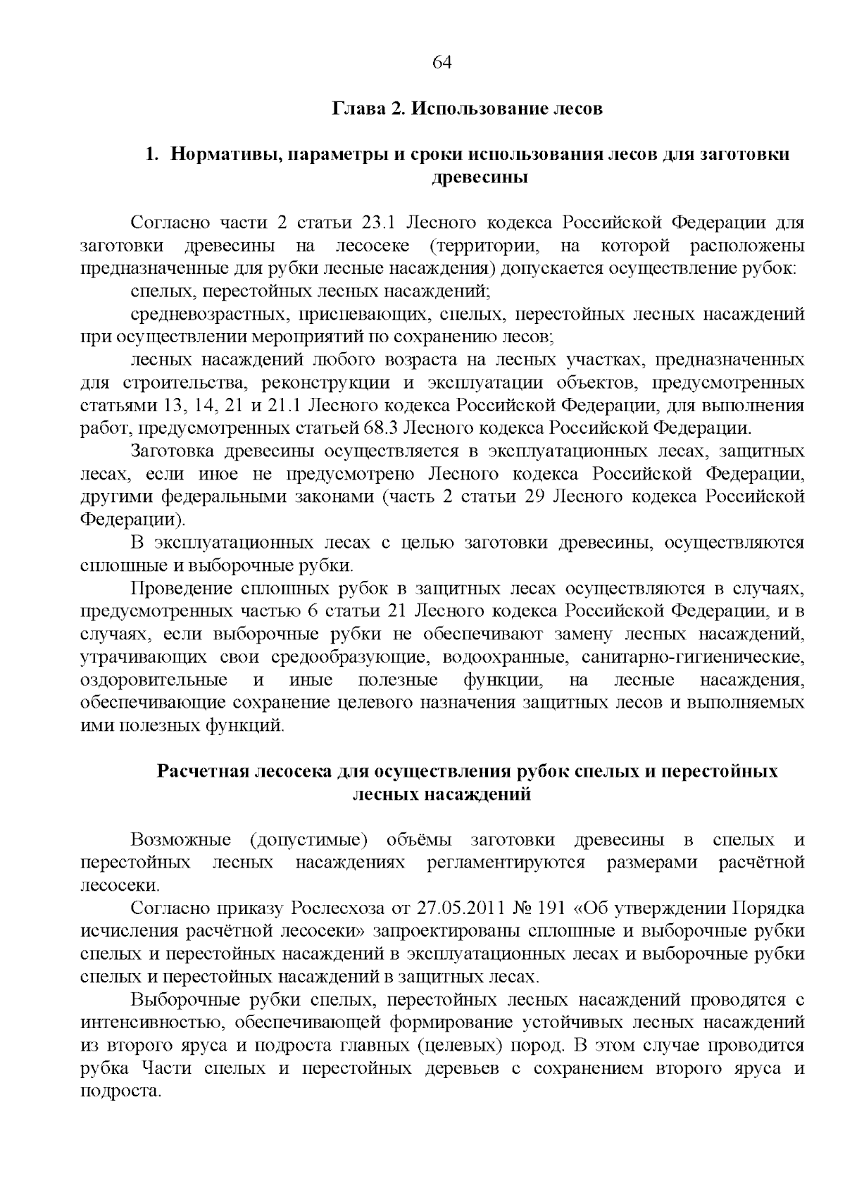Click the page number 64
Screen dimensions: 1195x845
tap(441, 63)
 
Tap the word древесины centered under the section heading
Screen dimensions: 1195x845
tap(479, 177)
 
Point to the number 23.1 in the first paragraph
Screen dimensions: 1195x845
tap(381, 224)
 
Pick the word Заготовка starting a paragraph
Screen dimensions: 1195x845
tap(174, 451)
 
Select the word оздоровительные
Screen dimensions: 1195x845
tap(154, 680)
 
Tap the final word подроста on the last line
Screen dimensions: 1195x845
tap(121, 1091)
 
